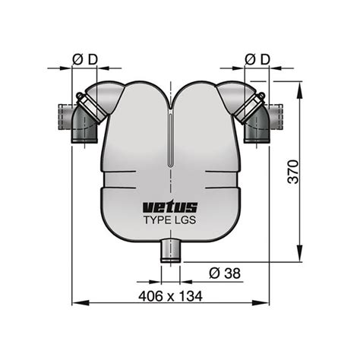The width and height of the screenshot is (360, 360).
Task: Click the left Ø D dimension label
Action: pyautogui.click(x=85, y=58)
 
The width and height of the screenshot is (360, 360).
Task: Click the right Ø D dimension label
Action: pyautogui.click(x=259, y=58)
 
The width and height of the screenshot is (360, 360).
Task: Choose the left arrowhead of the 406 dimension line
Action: pyautogui.click(x=75, y=305)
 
